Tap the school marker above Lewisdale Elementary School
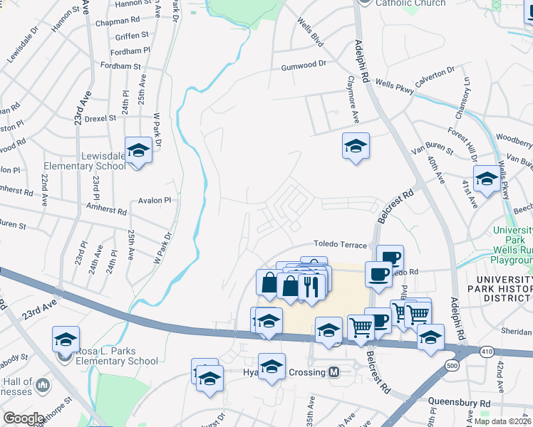click(x=139, y=151)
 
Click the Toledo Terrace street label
click(x=341, y=244)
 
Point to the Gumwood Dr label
click(x=303, y=64)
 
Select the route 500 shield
click(x=452, y=366)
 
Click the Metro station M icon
click(x=333, y=372)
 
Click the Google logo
click(x=24, y=418)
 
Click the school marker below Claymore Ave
click(x=356, y=147)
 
